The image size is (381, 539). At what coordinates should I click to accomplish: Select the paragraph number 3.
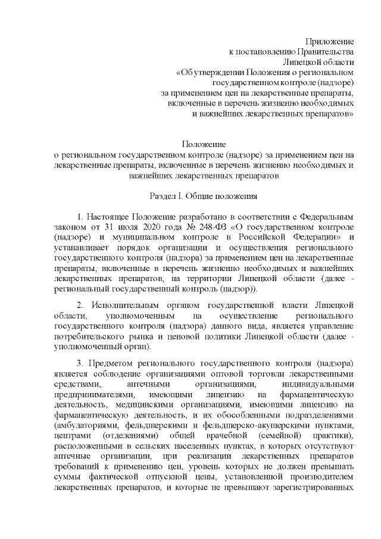[80, 363]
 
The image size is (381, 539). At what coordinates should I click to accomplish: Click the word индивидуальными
[322, 385]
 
